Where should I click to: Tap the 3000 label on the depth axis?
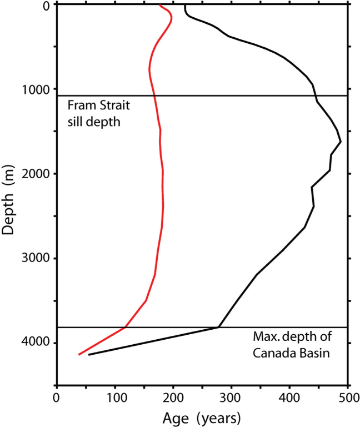pos(35,259)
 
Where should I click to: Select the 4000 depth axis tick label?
pos(35,343)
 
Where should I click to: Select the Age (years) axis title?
pos(202,417)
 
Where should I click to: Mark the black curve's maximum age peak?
pos(340,142)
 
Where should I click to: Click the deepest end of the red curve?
pos(79,354)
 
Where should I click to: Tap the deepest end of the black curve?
pos(89,354)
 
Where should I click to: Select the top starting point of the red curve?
pos(160,6)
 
